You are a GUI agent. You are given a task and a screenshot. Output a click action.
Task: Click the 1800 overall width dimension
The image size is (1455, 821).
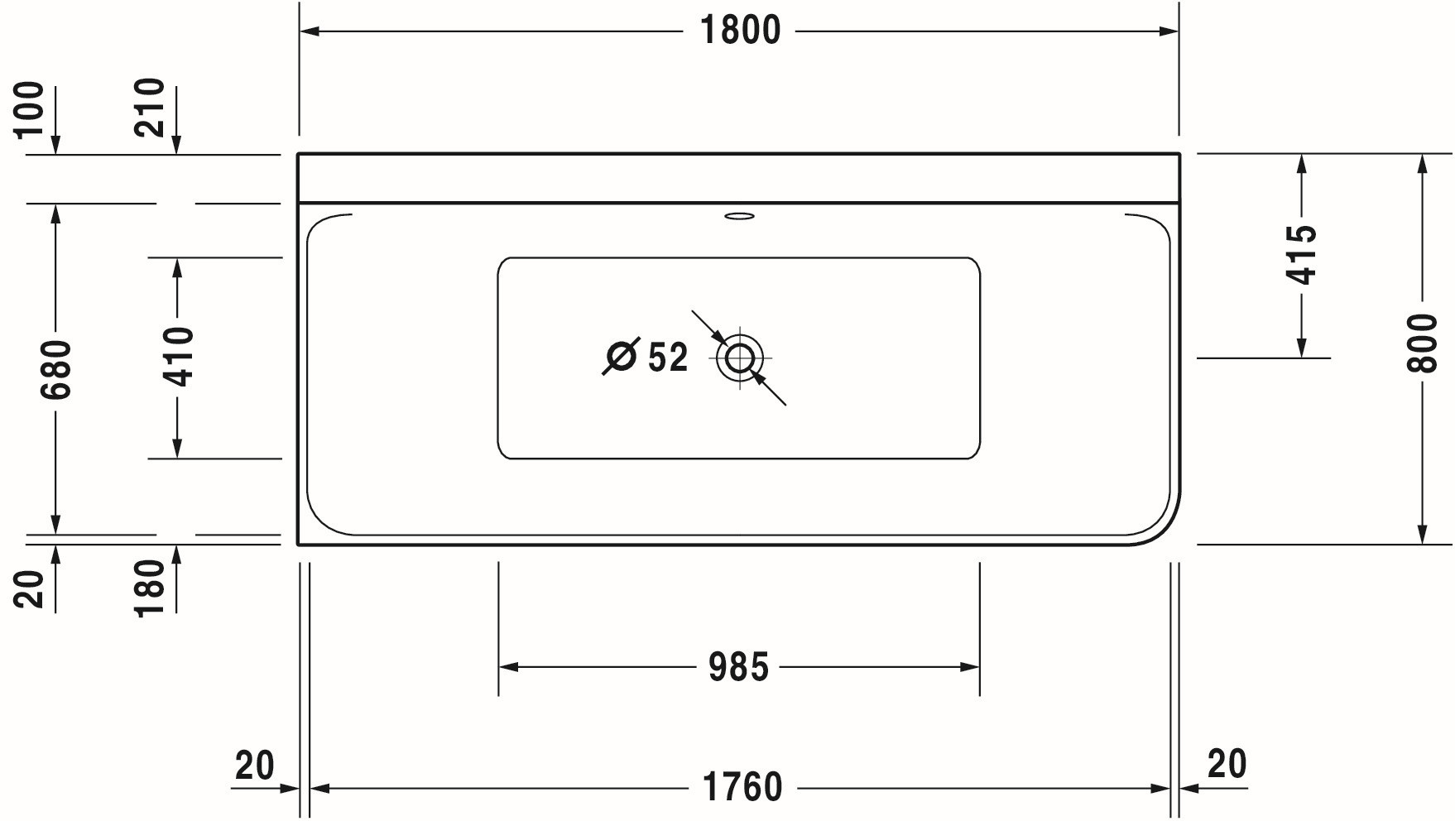click(x=740, y=31)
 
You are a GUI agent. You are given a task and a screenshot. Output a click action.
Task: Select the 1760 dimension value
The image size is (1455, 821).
click(x=742, y=787)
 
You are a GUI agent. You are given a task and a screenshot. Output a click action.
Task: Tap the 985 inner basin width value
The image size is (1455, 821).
click(x=738, y=667)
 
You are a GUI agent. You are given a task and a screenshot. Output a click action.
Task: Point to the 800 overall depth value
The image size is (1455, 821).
click(x=1423, y=343)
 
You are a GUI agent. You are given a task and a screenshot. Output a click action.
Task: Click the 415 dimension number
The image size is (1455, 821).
click(x=1302, y=254)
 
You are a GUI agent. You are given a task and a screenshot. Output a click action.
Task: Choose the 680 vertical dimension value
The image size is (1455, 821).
click(x=57, y=369)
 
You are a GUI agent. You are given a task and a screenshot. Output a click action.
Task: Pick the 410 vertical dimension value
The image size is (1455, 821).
click(x=178, y=357)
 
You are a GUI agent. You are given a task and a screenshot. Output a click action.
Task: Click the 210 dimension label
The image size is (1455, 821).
click(x=150, y=108)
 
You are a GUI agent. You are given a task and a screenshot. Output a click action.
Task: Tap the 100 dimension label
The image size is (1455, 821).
click(x=29, y=108)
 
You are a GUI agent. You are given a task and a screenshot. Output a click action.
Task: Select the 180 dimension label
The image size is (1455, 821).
click(x=150, y=588)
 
